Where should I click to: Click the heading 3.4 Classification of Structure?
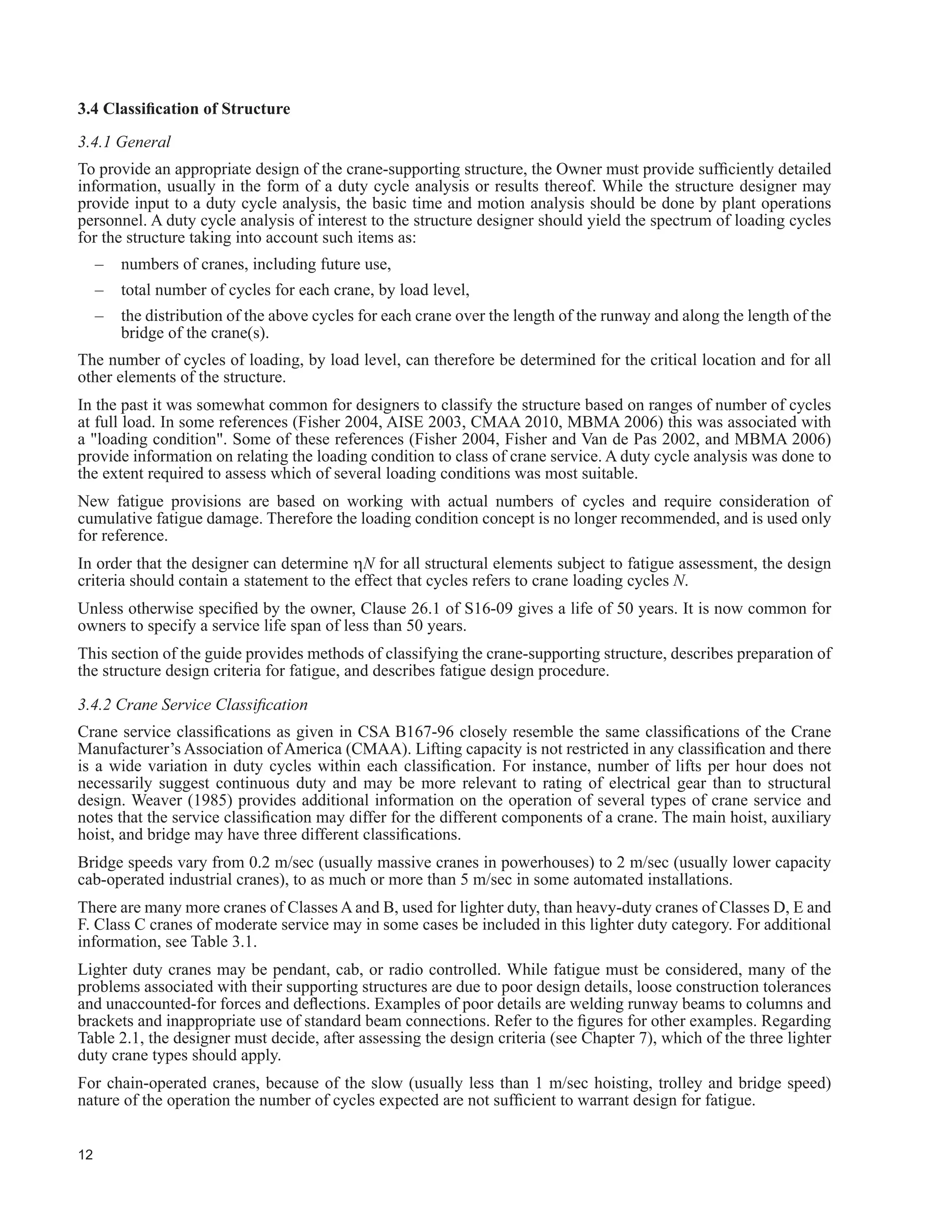coord(184,109)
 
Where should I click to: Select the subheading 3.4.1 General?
coord(124,142)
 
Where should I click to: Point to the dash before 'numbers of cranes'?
coord(100,264)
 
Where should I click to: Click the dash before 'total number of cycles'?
coord(100,290)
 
